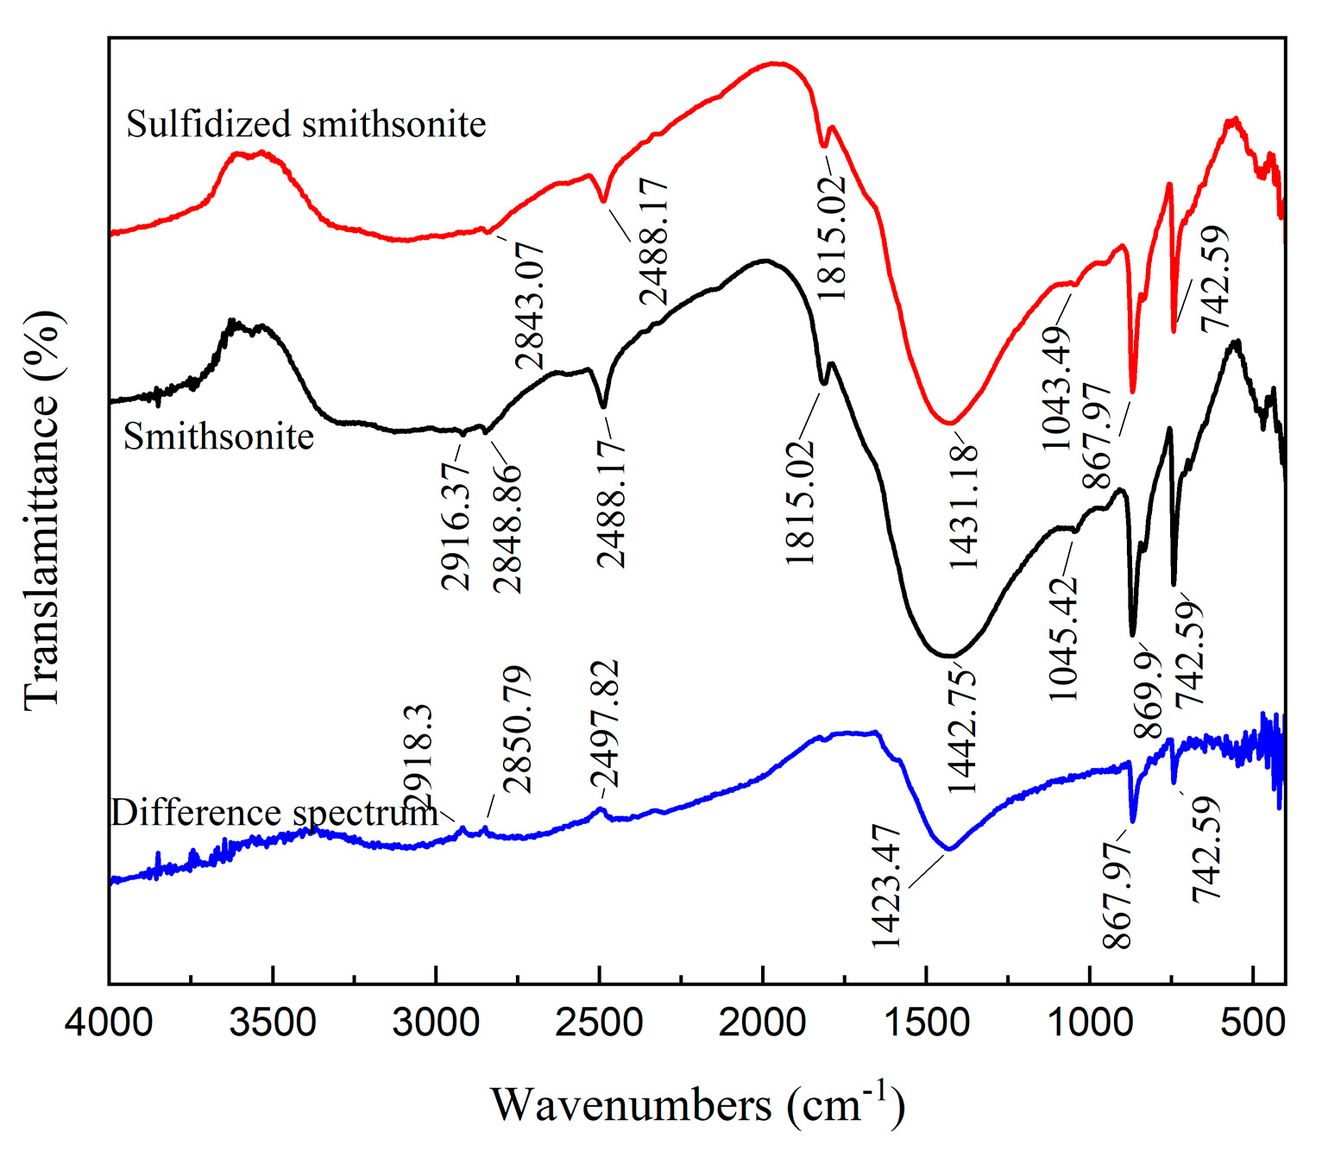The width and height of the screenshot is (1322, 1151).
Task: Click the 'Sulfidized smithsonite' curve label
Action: click(306, 124)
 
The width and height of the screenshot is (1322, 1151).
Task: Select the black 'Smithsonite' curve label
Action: click(218, 437)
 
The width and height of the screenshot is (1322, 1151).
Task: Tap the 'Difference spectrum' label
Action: click(274, 814)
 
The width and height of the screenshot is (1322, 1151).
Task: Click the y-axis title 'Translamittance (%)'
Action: click(43, 511)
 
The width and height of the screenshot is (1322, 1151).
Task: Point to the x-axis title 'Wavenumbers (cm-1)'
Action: click(697, 1104)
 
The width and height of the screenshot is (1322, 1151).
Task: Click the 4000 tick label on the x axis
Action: click(110, 1023)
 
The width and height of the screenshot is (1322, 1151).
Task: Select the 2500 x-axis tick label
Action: click(599, 1023)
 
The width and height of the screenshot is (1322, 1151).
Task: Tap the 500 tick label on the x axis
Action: click(1253, 1023)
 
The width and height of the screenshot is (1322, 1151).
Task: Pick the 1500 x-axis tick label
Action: click(926, 1023)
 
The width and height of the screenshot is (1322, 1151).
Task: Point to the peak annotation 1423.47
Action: click(886, 886)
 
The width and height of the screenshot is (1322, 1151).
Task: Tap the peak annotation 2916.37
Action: click(456, 525)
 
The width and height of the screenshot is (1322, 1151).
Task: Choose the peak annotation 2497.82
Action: click(604, 724)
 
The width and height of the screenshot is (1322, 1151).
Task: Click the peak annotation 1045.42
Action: click(1064, 638)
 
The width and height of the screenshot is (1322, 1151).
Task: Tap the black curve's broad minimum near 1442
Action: click(947, 656)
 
